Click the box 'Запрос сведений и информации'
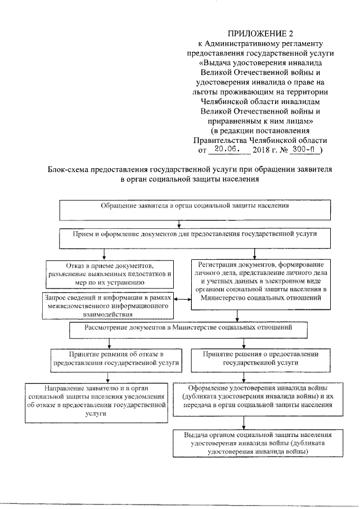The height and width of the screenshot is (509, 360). (108, 305)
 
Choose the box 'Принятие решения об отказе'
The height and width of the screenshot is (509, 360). (116, 359)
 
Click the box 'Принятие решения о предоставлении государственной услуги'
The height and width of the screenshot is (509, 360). (260, 359)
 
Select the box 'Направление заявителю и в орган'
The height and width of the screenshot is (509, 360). (97, 400)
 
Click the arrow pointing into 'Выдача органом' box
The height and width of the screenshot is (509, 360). (243, 425)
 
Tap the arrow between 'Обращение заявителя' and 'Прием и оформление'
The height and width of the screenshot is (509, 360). (178, 224)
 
